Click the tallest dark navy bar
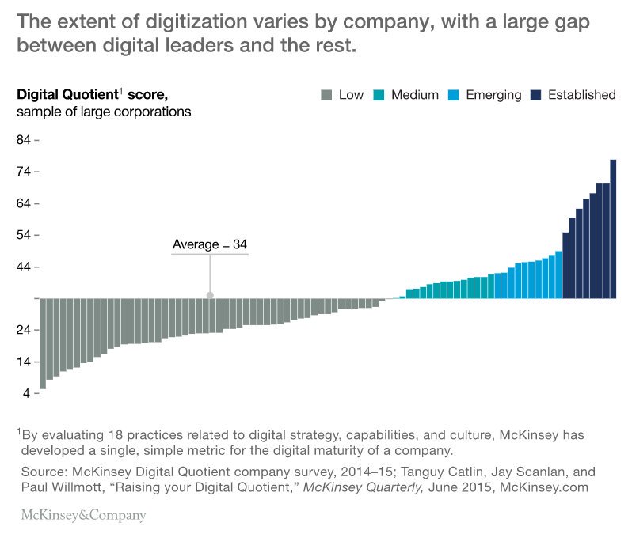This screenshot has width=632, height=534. coord(613,229)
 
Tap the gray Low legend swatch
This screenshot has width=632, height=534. coord(326,95)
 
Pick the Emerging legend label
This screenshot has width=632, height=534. coord(493,95)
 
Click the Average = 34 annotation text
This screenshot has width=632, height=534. coord(210,245)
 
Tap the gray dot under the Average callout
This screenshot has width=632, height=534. coord(210,295)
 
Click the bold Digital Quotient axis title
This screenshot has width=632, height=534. coord(67,95)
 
